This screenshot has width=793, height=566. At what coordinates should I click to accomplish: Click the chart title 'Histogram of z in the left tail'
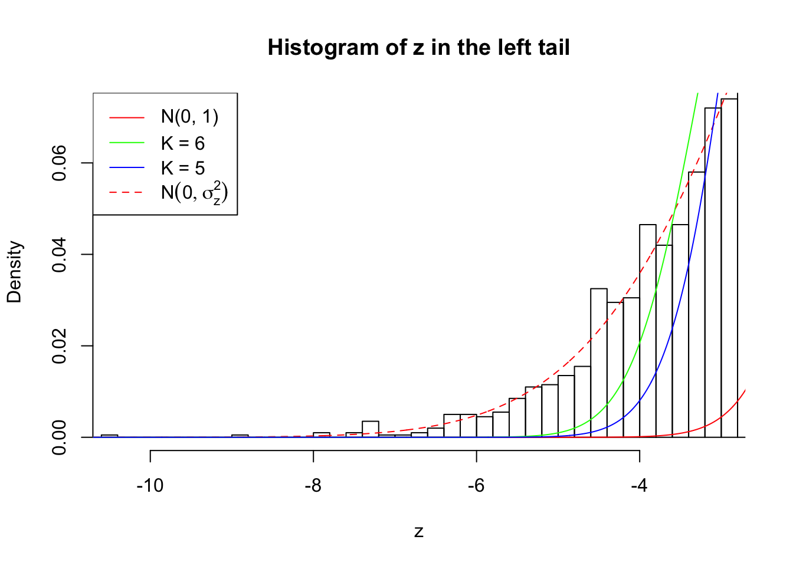click(x=418, y=47)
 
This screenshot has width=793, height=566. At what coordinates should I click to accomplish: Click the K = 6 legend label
click(x=182, y=143)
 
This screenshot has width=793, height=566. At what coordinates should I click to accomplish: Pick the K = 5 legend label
click(x=182, y=168)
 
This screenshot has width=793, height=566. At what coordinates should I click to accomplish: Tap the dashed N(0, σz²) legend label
click(x=194, y=193)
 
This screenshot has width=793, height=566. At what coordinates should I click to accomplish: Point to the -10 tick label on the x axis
click(x=150, y=486)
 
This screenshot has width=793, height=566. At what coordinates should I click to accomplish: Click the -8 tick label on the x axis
click(x=313, y=486)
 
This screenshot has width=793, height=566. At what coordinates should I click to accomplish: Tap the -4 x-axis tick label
click(x=639, y=486)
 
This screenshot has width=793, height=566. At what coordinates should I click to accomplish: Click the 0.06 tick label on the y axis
click(x=59, y=163)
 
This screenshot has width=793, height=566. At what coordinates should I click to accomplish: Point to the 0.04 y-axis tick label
click(x=59, y=255)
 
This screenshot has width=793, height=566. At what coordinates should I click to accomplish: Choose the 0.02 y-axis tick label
click(x=59, y=346)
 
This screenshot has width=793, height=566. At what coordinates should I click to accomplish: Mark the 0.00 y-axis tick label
click(x=59, y=437)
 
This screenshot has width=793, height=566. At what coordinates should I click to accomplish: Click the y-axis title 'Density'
click(x=14, y=272)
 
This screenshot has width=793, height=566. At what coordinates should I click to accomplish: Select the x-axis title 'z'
click(x=418, y=532)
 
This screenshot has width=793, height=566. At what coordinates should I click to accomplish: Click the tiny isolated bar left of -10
click(x=109, y=436)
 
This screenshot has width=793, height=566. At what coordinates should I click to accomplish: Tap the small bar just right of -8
click(x=322, y=435)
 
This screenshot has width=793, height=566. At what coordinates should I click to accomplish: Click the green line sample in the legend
click(x=126, y=143)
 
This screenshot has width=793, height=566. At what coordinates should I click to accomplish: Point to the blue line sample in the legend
click(x=126, y=168)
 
